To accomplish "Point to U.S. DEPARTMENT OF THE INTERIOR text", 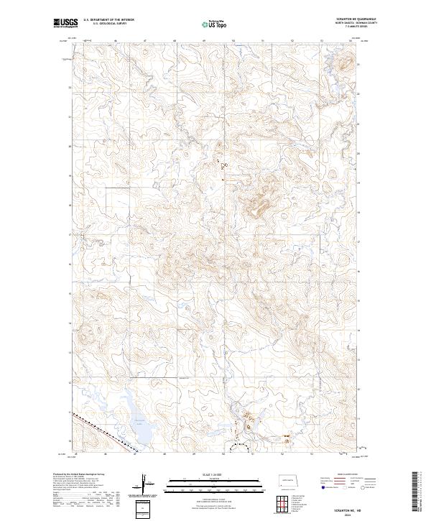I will [x=108, y=20].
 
